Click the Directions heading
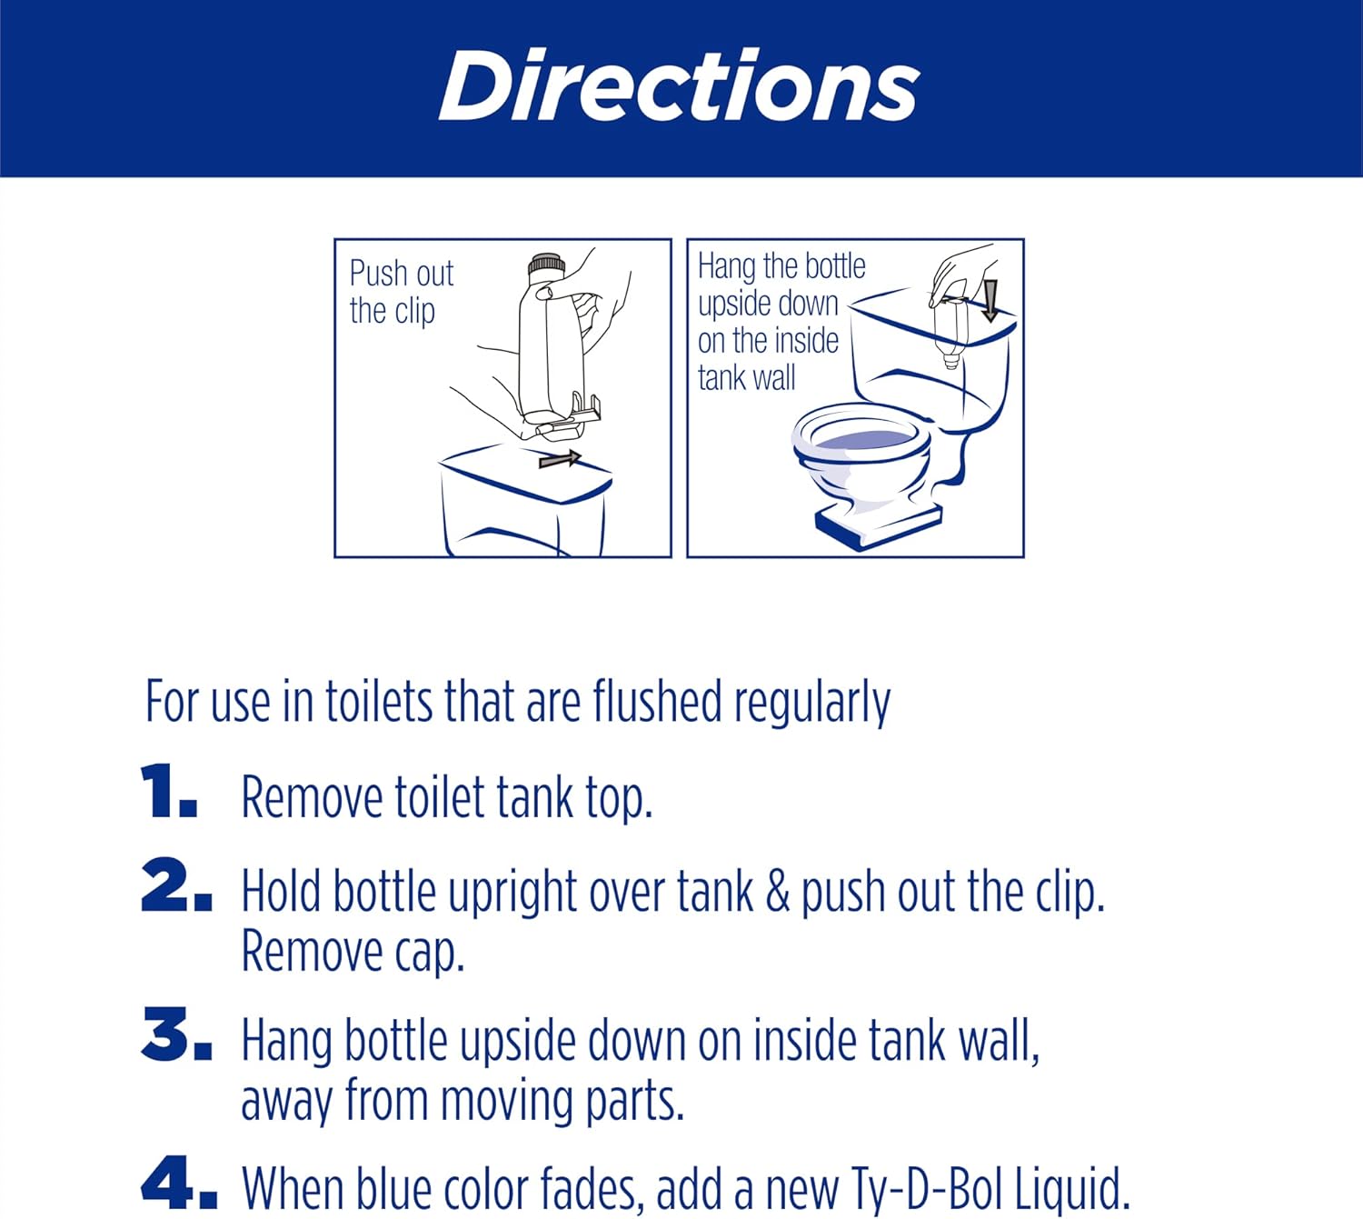tap(679, 85)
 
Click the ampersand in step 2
tap(777, 891)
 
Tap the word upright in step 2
tap(512, 894)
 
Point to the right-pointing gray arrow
tap(560, 459)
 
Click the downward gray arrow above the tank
tap(990, 301)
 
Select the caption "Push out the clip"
tap(401, 292)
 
